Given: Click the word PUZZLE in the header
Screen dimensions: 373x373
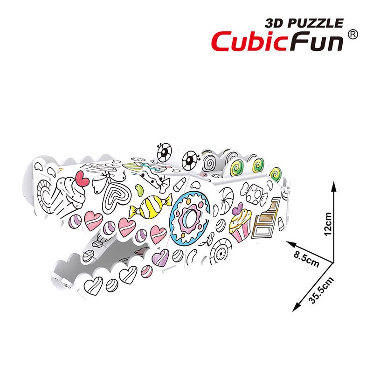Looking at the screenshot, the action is [316, 23].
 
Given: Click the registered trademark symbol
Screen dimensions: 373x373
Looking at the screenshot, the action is [353, 35].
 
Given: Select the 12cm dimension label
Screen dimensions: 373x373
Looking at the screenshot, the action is [328, 224].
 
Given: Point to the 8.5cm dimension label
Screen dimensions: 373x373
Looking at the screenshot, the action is [307, 258].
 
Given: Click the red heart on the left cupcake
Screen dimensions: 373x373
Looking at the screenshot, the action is [83, 179].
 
